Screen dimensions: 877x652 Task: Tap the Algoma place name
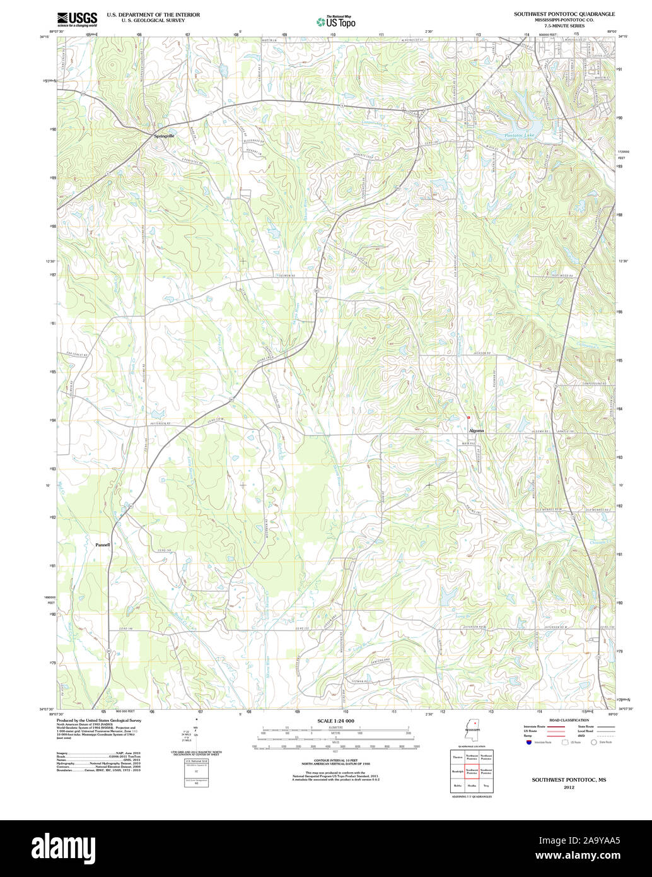(x=476, y=430)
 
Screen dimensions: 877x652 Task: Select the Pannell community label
(x=103, y=544)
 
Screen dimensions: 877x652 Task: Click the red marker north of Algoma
(x=469, y=417)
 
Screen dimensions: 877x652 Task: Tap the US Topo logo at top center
(x=336, y=21)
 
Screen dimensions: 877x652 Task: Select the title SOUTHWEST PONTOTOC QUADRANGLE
(x=564, y=13)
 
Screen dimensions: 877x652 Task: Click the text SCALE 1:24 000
(x=335, y=721)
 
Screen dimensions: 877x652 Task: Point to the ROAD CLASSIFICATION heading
(x=569, y=720)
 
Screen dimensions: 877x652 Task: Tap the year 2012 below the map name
(x=569, y=787)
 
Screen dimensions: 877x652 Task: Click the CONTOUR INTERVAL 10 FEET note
(x=335, y=762)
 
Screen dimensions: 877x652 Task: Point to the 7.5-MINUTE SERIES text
(x=564, y=26)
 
